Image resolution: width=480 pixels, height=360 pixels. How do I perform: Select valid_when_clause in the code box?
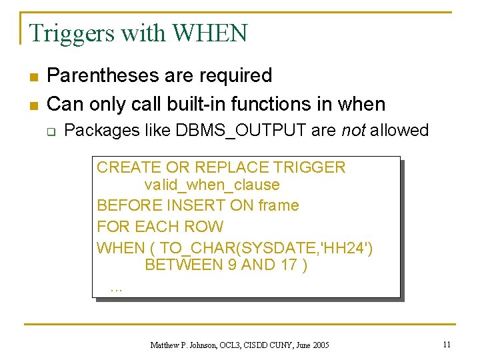(x=211, y=185)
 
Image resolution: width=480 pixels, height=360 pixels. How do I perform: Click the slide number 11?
(x=446, y=344)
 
